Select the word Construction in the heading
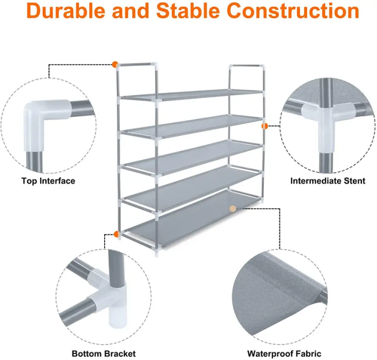click(x=293, y=11)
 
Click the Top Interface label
click(x=48, y=181)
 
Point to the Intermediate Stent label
click(x=327, y=181)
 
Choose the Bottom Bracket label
click(x=103, y=354)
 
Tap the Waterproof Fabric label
click(x=284, y=354)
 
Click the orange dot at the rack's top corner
click(x=115, y=64)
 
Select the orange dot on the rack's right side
click(x=265, y=126)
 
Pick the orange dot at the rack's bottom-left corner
click(x=116, y=234)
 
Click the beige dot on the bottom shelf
click(x=233, y=208)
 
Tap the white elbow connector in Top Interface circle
click(x=44, y=121)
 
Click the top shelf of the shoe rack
click(x=191, y=95)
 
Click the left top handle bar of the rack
click(x=137, y=64)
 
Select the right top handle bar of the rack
click(x=247, y=66)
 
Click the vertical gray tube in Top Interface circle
click(x=34, y=162)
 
